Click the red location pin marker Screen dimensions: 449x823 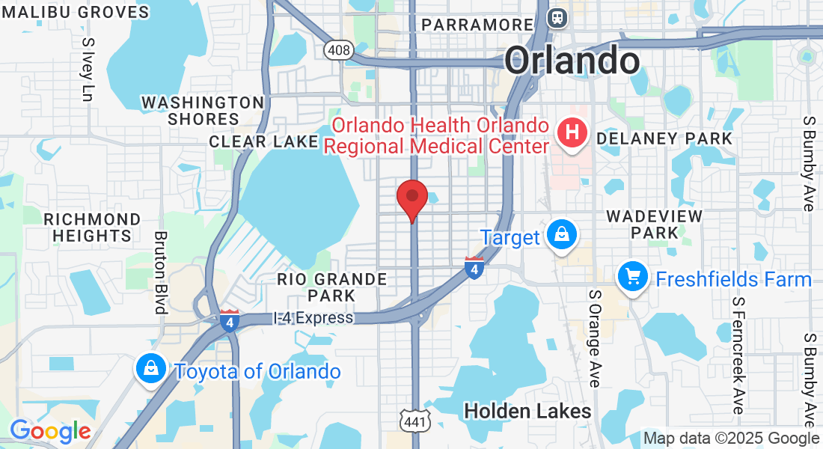click(x=411, y=198)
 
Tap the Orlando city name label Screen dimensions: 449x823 click(x=572, y=60)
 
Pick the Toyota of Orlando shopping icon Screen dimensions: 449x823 click(x=151, y=370)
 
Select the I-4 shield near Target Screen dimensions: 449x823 click(x=474, y=268)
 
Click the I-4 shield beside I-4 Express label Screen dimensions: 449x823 click(x=229, y=321)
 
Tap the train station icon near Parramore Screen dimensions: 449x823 click(x=557, y=17)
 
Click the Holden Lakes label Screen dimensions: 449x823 click(x=527, y=411)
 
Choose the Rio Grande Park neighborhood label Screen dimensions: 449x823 click(x=332, y=287)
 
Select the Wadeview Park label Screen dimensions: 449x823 click(x=654, y=224)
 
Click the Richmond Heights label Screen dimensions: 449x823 click(x=92, y=227)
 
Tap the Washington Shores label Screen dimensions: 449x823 click(x=203, y=111)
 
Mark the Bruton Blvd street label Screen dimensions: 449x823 click(x=160, y=272)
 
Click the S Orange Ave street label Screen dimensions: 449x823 click(x=595, y=338)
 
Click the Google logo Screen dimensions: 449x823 click(x=49, y=432)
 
